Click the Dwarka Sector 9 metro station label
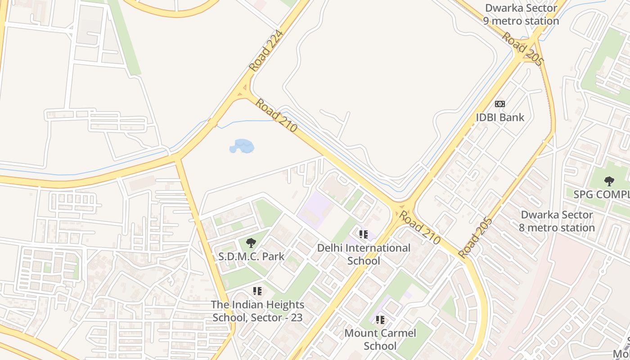coord(521,14)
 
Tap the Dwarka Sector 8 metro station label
coord(557,221)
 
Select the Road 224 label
coord(267,50)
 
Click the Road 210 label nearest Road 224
coord(276,116)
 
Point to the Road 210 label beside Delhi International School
coord(420,228)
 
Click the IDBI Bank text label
coord(500,117)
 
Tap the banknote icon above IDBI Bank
coord(499,104)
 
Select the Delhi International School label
coord(364,254)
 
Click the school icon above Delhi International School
coord(364,234)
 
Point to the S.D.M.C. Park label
coord(251,256)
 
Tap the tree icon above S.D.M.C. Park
coord(251,243)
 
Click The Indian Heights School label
coord(258,311)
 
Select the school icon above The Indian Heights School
coord(257,291)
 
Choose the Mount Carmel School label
coord(380,339)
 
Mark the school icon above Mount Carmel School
coord(380,320)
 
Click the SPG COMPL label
coord(601,194)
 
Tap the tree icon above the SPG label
coord(609,181)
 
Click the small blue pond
coord(242,146)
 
